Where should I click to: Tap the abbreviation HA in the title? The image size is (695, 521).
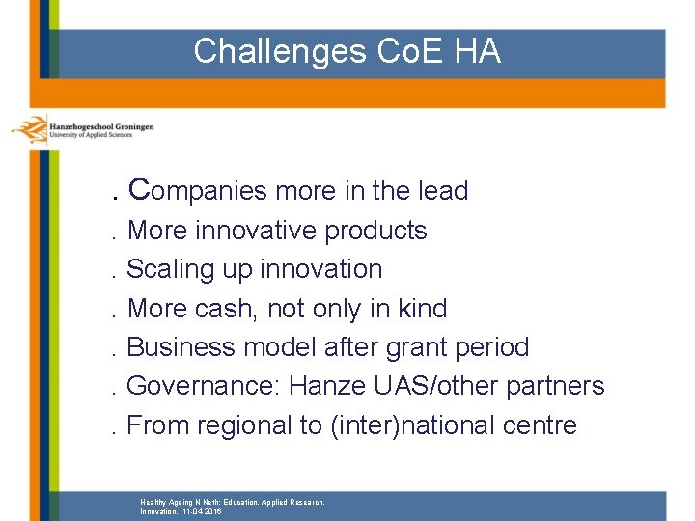[x=478, y=51]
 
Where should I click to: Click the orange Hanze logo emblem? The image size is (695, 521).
[x=30, y=129]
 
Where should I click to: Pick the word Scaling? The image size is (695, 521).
[x=168, y=270]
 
